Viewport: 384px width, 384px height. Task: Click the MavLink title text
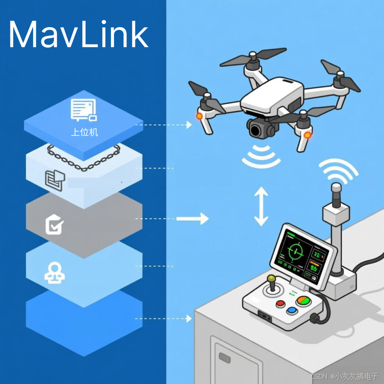point(78,35)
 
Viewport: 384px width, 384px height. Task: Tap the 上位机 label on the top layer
point(85,133)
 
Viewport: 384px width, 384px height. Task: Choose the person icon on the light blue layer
point(55,272)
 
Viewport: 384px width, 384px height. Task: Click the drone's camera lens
point(258,130)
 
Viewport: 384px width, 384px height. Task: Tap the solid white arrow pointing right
point(192,219)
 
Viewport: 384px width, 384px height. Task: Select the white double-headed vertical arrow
point(261,206)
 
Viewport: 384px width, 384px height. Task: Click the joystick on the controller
point(272,284)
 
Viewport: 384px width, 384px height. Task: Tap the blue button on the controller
point(291,311)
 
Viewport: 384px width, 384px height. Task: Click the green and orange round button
point(303,300)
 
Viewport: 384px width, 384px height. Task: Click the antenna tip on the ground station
point(336,190)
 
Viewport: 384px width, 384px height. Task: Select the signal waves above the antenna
point(338,169)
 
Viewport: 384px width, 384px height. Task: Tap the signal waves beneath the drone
point(261,157)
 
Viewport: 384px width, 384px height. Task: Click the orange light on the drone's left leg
point(199,116)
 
